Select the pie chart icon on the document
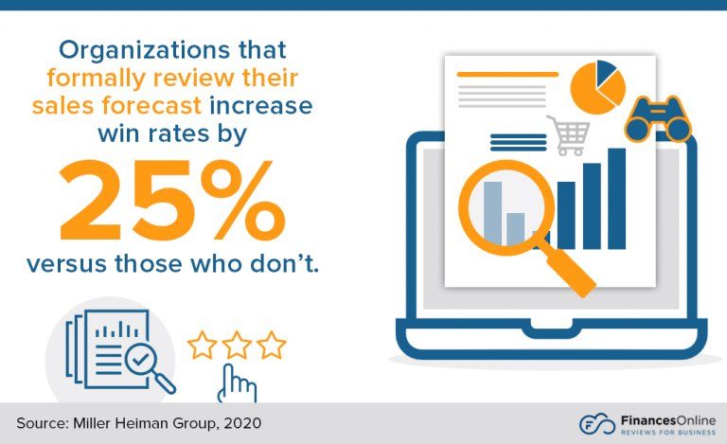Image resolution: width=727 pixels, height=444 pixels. (597, 83)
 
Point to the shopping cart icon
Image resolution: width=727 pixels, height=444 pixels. (568, 134)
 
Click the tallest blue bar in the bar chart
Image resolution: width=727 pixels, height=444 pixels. (616, 198)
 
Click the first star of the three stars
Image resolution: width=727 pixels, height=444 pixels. (203, 345)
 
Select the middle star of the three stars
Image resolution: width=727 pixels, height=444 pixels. (237, 345)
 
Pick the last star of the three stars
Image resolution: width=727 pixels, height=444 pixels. (271, 345)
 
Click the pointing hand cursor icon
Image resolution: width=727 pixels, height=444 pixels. (238, 382)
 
